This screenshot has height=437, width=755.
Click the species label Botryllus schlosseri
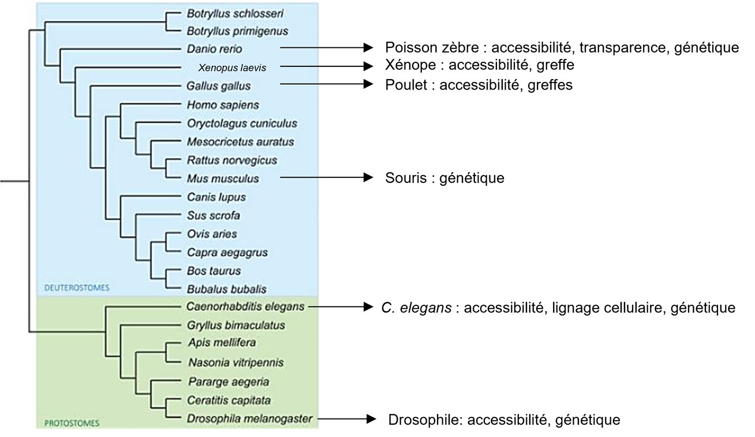pos(235,13)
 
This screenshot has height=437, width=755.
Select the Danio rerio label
pos(214,49)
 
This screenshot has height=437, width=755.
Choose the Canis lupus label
pos(216,197)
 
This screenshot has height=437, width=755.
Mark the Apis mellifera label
pos(222,343)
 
